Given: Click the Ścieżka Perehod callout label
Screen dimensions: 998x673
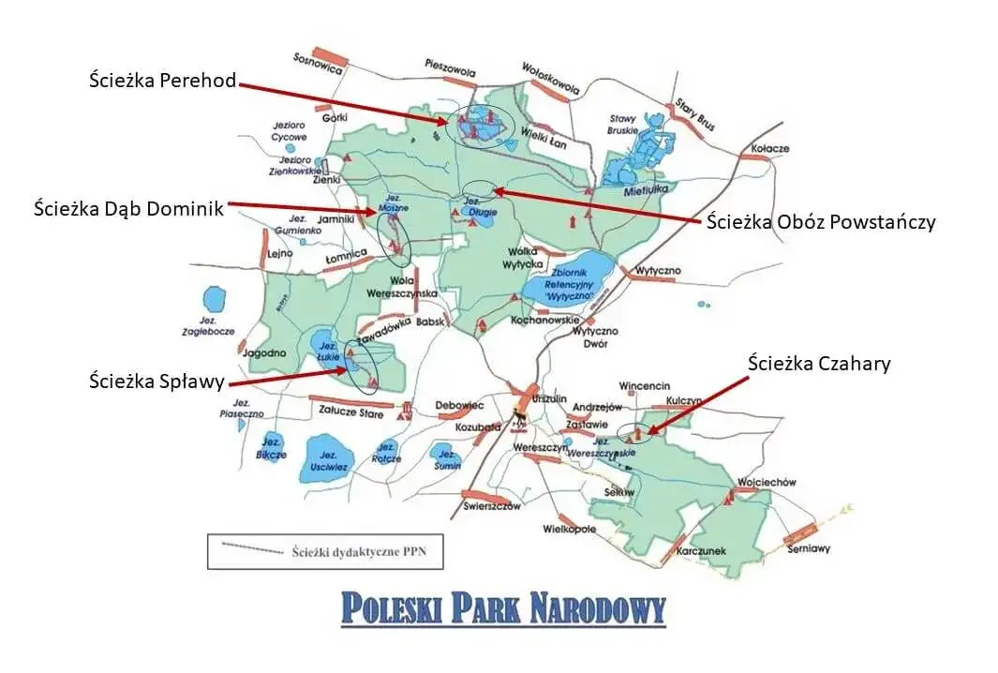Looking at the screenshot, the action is [162, 82].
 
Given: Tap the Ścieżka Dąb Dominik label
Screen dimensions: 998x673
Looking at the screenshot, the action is [128, 208].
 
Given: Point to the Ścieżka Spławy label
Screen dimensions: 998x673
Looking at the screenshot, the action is [156, 381].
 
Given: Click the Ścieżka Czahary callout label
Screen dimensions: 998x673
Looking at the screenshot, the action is [820, 363].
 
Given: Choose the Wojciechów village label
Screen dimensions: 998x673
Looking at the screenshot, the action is [766, 482].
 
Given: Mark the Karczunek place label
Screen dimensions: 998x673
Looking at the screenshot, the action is [705, 550].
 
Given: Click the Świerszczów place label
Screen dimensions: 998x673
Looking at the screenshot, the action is [491, 506].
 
